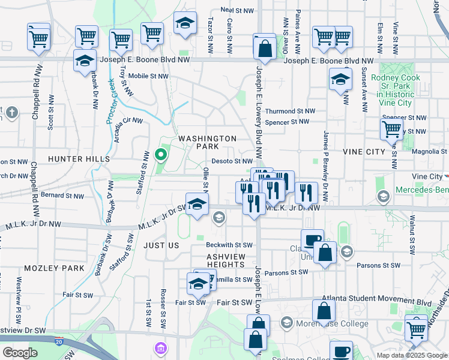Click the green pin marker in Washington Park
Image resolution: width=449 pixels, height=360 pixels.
161,155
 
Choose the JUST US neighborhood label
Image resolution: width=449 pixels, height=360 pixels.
161,245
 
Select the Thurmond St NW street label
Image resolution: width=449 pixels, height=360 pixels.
290,111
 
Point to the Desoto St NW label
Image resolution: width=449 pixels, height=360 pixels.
232,161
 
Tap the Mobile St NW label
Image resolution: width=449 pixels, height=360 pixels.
147,76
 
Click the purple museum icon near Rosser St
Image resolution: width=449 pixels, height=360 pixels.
160,348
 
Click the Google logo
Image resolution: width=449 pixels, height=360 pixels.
20,353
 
